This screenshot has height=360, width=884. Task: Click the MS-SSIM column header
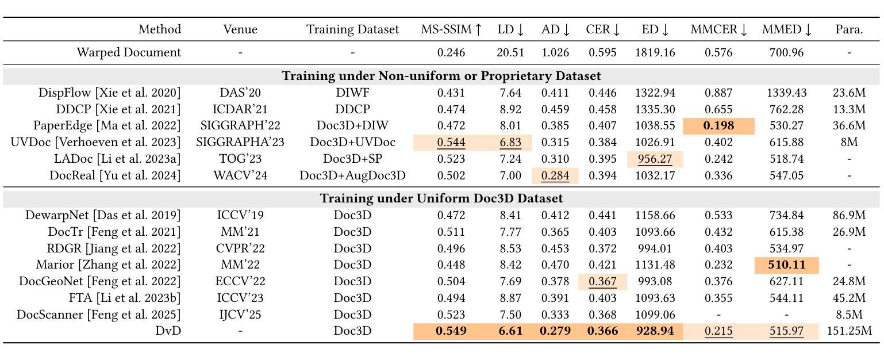[x=451, y=29]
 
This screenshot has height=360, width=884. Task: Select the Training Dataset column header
[x=352, y=29]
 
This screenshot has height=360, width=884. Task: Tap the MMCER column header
[x=718, y=29]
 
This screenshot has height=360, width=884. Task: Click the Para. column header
[x=849, y=29]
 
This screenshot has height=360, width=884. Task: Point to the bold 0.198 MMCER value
[x=718, y=125]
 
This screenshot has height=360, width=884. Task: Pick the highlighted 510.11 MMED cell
[x=786, y=265]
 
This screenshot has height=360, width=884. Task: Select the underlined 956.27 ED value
[x=655, y=159]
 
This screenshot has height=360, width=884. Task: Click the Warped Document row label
[x=129, y=52]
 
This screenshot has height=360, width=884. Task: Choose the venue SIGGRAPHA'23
[x=240, y=142]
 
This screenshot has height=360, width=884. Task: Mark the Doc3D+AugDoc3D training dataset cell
[x=352, y=175]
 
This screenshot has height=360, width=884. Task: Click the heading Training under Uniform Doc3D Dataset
[x=441, y=198]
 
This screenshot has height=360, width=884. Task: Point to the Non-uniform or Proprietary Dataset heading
[x=441, y=76]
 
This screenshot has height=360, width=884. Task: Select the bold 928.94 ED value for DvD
[x=655, y=331]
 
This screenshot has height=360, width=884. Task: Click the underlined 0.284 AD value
[x=555, y=175]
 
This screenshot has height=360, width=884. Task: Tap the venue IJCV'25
[x=240, y=315]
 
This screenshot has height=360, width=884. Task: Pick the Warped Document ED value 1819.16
[x=655, y=52]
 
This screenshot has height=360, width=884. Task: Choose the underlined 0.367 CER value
[x=602, y=282]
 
